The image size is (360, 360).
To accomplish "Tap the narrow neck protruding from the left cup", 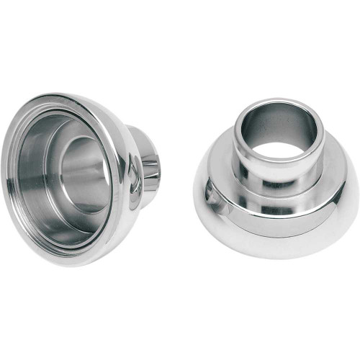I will click(148, 162).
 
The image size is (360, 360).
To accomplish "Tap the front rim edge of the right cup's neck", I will click(277, 163).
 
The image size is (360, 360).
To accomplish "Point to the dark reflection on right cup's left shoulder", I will click(210, 193).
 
